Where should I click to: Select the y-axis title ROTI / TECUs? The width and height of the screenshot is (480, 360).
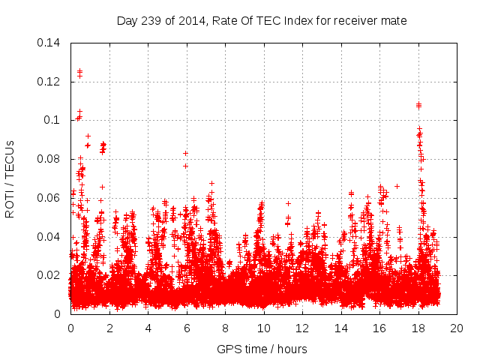pyautogui.click(x=10, y=178)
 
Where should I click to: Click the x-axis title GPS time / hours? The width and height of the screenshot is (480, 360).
pyautogui.click(x=262, y=349)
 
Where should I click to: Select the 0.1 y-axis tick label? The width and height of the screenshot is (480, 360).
pyautogui.click(x=52, y=120)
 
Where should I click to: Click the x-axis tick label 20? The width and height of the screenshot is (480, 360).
pyautogui.click(x=457, y=328)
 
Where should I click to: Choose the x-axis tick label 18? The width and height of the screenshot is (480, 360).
pyautogui.click(x=418, y=328)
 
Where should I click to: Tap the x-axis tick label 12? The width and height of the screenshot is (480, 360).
pyautogui.click(x=302, y=328)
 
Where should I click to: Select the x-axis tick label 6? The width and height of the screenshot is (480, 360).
pyautogui.click(x=186, y=328)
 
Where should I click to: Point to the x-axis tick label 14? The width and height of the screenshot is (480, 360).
pyautogui.click(x=340, y=328)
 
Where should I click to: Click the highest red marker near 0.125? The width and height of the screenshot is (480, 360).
pyautogui.click(x=79, y=71)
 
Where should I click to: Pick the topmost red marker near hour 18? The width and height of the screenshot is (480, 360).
pyautogui.click(x=418, y=104)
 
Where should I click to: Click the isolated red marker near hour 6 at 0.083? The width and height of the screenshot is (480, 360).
pyautogui.click(x=185, y=153)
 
